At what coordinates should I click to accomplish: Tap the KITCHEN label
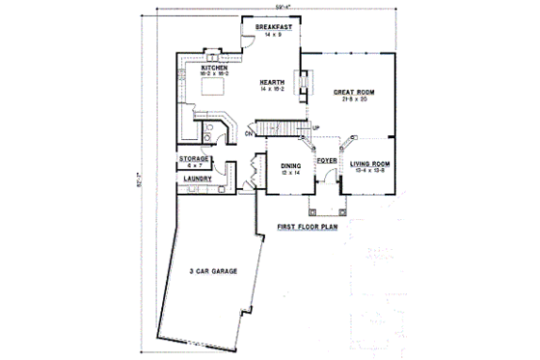(x=214, y=68)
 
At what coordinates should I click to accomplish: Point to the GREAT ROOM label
(x=353, y=93)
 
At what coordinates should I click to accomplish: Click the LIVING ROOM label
(x=369, y=165)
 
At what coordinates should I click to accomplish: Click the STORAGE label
(x=195, y=158)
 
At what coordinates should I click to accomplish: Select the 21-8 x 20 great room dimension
(x=353, y=100)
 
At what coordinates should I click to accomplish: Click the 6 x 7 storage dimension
(x=195, y=165)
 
